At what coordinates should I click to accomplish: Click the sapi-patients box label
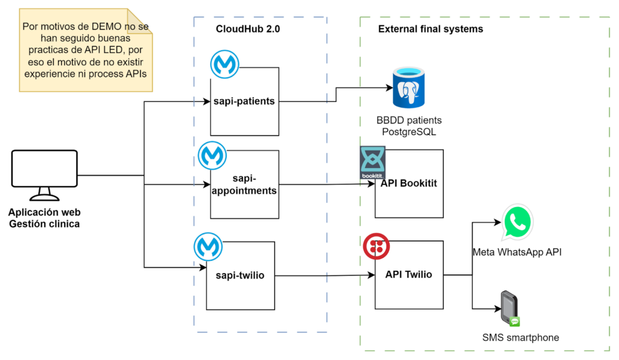[x=244, y=101]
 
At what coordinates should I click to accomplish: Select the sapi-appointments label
[x=244, y=185]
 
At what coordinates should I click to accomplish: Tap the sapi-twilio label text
[x=240, y=275]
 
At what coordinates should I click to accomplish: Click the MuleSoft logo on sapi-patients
[x=225, y=64]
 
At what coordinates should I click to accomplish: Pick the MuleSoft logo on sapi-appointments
[x=212, y=155]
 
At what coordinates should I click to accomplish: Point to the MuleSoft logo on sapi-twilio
[x=208, y=247]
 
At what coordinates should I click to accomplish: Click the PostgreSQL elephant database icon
[x=409, y=88]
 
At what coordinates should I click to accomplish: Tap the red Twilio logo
[x=376, y=246]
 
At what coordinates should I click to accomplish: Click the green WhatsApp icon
[x=517, y=222]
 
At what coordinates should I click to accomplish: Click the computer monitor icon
[x=45, y=175]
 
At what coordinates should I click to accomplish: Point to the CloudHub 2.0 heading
[x=248, y=29]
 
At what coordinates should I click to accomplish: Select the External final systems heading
[x=430, y=29]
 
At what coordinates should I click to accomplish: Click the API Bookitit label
[x=409, y=184]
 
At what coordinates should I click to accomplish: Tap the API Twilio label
[x=409, y=274]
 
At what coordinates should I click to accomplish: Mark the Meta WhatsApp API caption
[x=517, y=252]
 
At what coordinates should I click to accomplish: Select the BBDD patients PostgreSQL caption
[x=409, y=126]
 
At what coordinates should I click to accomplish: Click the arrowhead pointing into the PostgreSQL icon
[x=389, y=88]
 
